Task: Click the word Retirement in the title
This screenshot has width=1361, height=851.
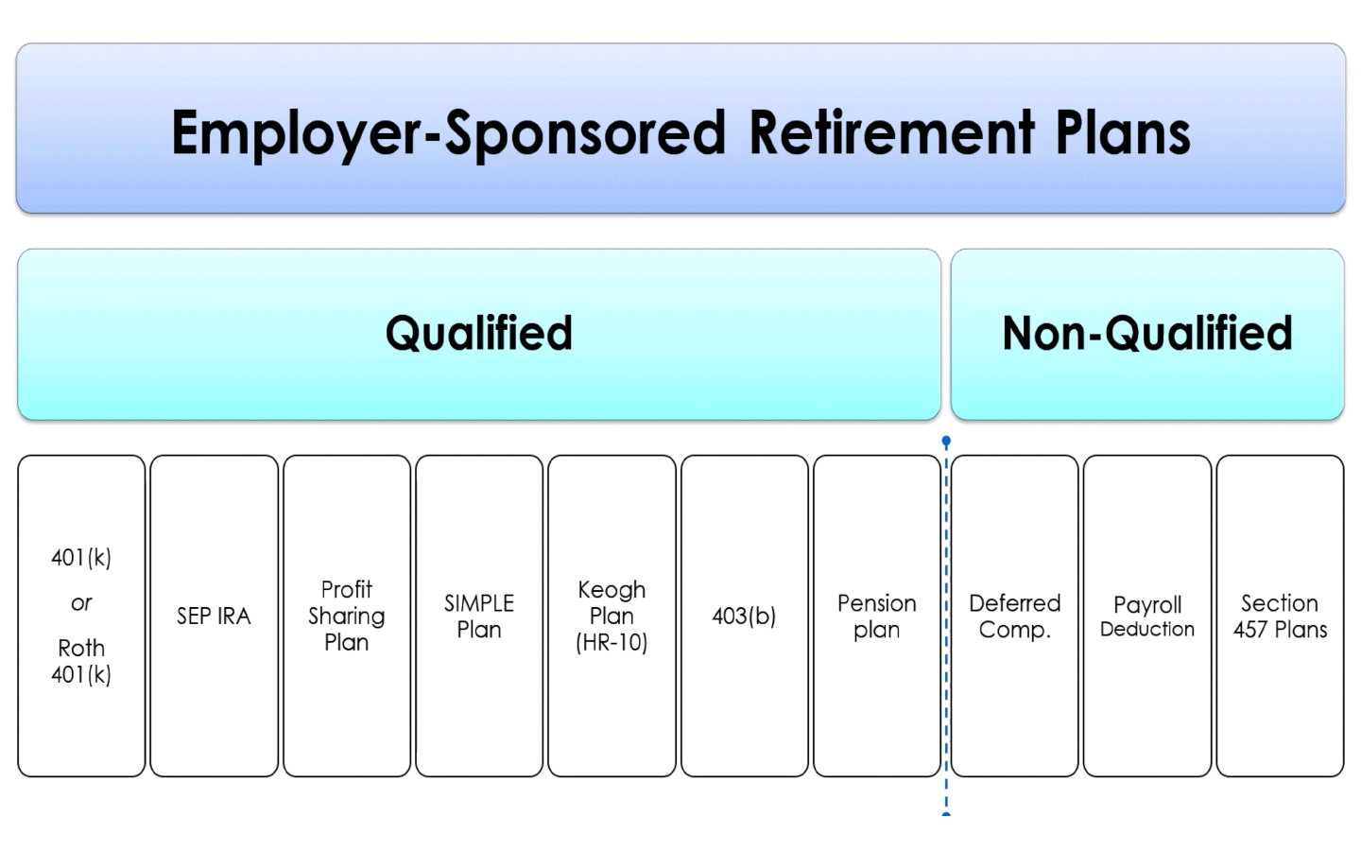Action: click(891, 132)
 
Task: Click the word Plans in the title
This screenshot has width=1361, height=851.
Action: click(1123, 132)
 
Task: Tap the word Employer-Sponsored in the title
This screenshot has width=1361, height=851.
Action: click(449, 132)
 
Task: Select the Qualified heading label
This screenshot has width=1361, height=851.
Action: click(479, 334)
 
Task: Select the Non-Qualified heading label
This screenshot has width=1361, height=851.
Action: click(1147, 334)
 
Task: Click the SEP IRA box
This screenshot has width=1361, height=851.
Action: click(215, 617)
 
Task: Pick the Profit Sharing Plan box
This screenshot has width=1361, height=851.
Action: click(347, 617)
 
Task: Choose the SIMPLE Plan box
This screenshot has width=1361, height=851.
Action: click(479, 617)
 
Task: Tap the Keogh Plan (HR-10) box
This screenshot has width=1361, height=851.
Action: click(612, 617)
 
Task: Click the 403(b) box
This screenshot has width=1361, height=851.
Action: click(745, 617)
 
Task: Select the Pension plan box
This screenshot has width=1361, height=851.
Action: click(877, 617)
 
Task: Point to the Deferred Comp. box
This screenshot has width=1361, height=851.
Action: click(1015, 617)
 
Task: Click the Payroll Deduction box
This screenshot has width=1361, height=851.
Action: click(1147, 617)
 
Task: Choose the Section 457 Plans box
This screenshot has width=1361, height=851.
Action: click(1280, 617)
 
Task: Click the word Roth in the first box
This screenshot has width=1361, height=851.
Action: click(81, 649)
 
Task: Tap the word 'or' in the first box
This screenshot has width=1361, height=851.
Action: click(81, 603)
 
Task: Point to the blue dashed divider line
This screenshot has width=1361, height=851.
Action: click(946, 662)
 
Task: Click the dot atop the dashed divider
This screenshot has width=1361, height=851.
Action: click(946, 442)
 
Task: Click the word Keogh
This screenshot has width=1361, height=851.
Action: click(612, 590)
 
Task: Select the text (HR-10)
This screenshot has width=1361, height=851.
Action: click(612, 643)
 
